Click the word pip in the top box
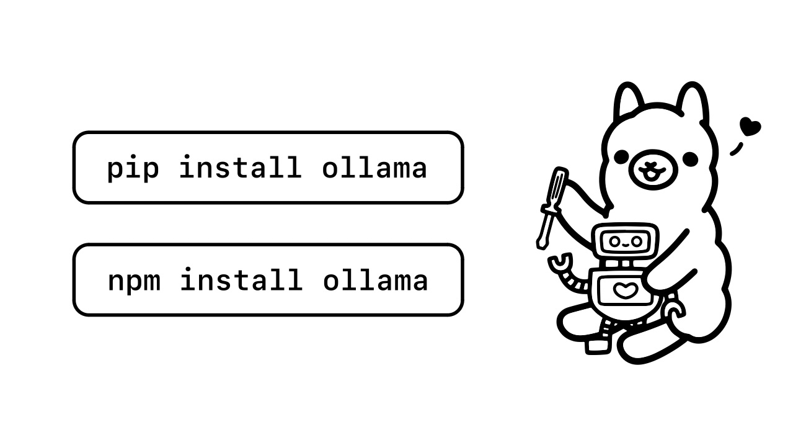pos(133,168)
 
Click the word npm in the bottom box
pos(134,281)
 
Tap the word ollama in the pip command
pos(374,168)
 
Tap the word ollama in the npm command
pos(374,281)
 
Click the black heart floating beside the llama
pos(750,127)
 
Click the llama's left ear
pos(629,102)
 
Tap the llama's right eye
pos(689,159)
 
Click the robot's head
pos(623,241)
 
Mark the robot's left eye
pos(614,241)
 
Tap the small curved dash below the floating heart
pos(737,149)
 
